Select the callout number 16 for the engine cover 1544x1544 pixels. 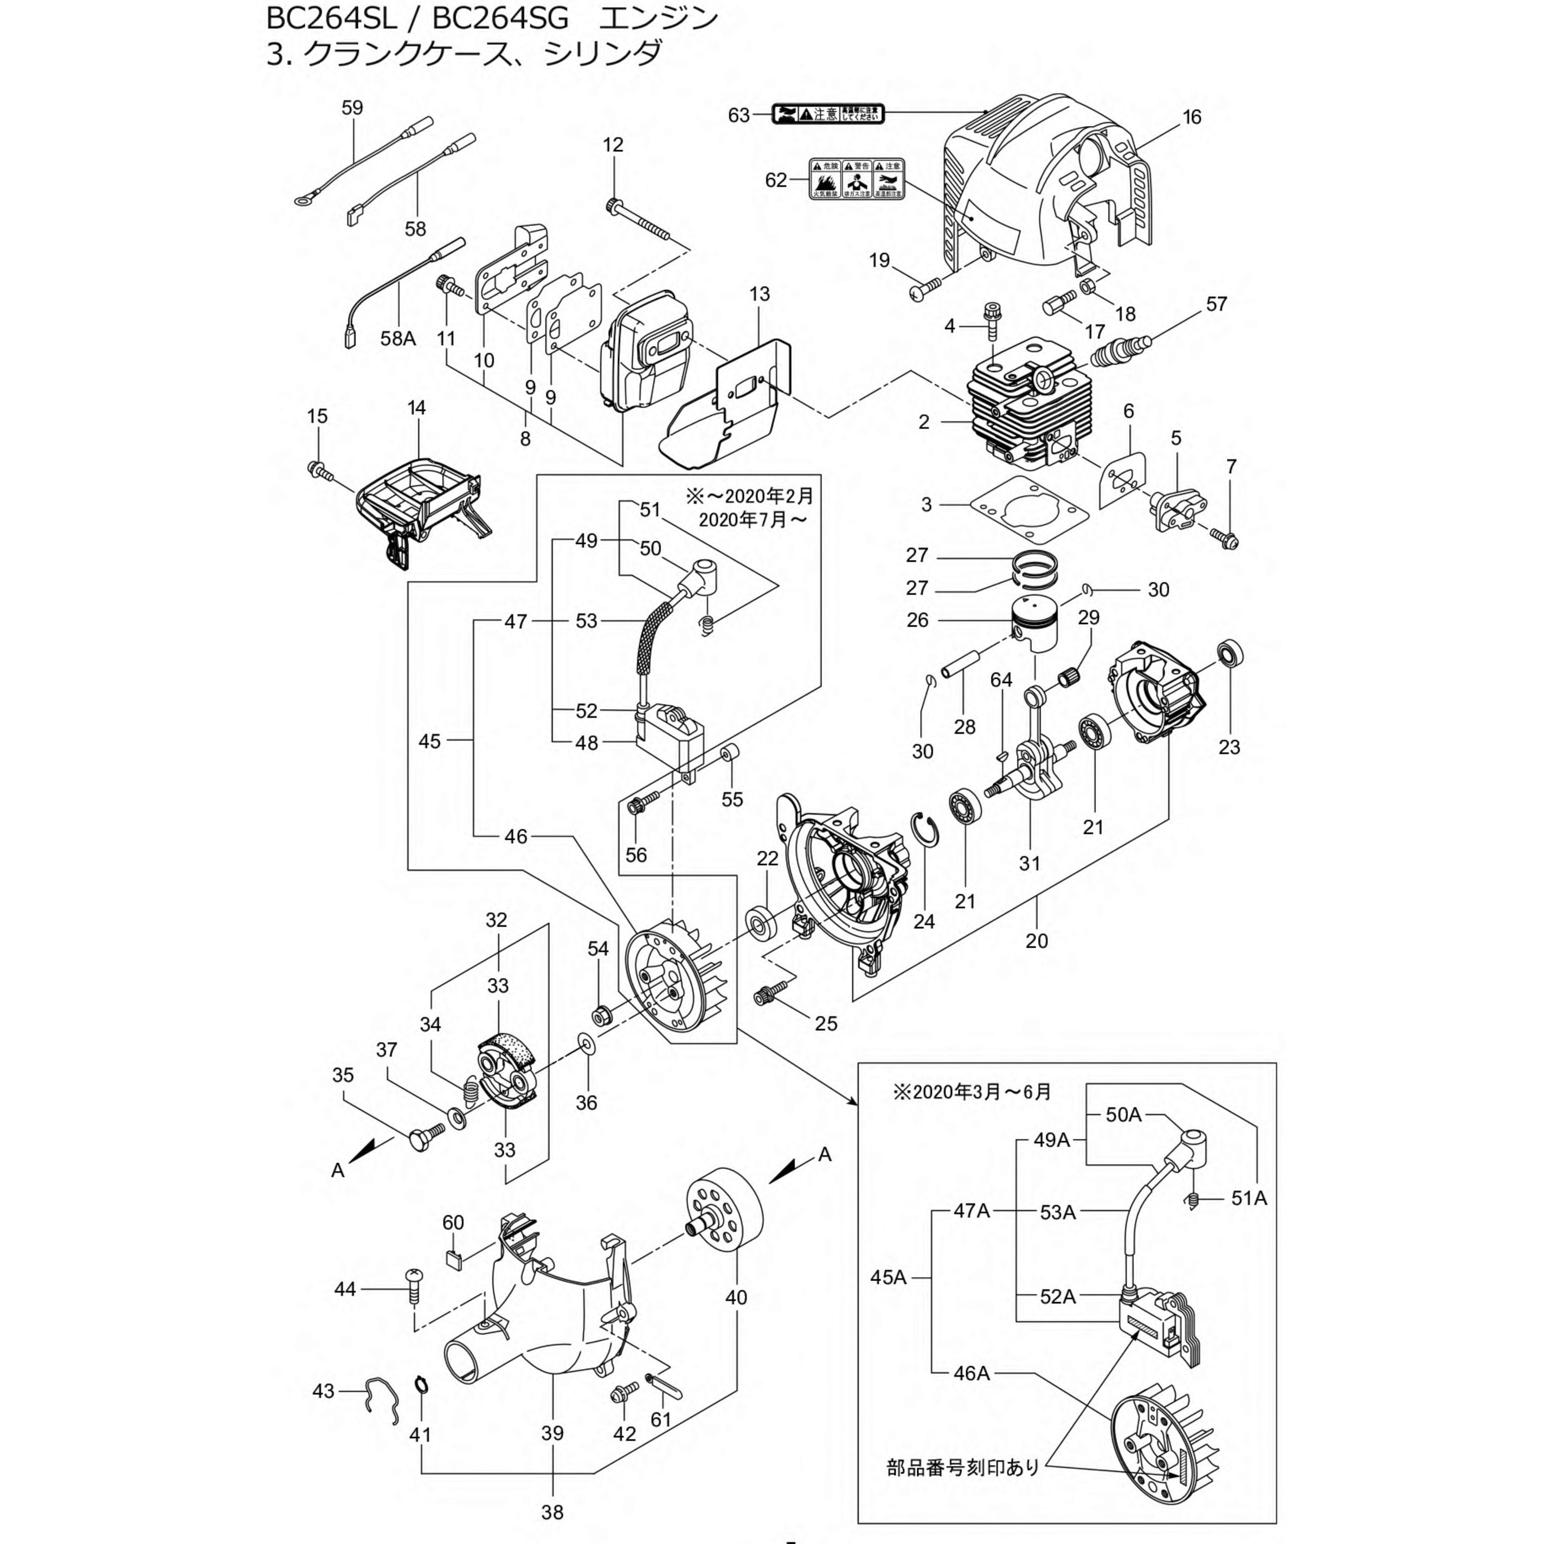pyautogui.click(x=1192, y=118)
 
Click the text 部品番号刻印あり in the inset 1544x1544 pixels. pyautogui.click(x=962, y=1467)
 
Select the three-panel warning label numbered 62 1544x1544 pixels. pyautogui.click(x=857, y=179)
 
